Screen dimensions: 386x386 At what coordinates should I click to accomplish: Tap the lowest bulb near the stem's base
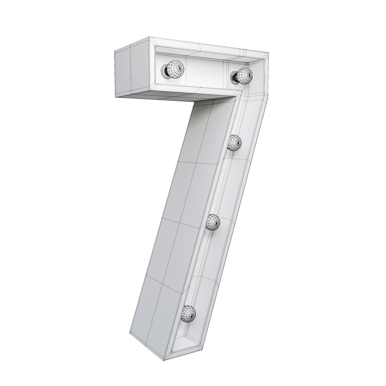point(189,313)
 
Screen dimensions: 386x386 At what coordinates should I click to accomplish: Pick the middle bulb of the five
point(235,143)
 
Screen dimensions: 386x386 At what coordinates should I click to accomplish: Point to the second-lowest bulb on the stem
point(213,223)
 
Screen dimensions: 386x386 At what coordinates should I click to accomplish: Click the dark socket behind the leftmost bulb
point(165,70)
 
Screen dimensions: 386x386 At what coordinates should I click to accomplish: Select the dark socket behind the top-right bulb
point(234,76)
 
